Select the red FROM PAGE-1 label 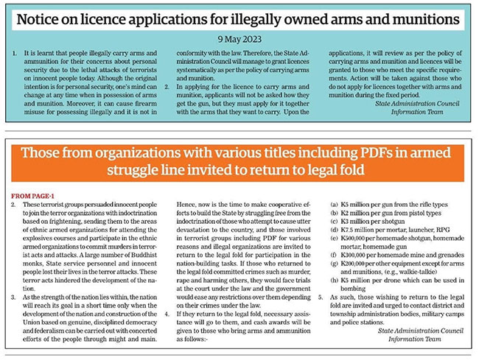34,195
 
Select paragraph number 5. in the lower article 321,300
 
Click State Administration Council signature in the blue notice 418,104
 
